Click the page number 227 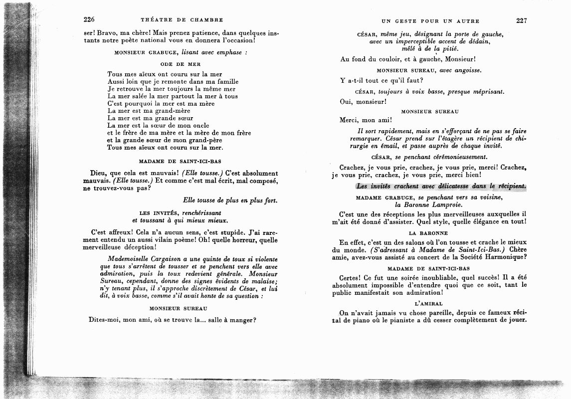522,21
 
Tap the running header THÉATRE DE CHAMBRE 182,20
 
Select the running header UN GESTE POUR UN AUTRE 430,21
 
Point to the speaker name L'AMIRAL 429,303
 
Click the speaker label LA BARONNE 428,233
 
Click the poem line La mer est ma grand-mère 149,111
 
